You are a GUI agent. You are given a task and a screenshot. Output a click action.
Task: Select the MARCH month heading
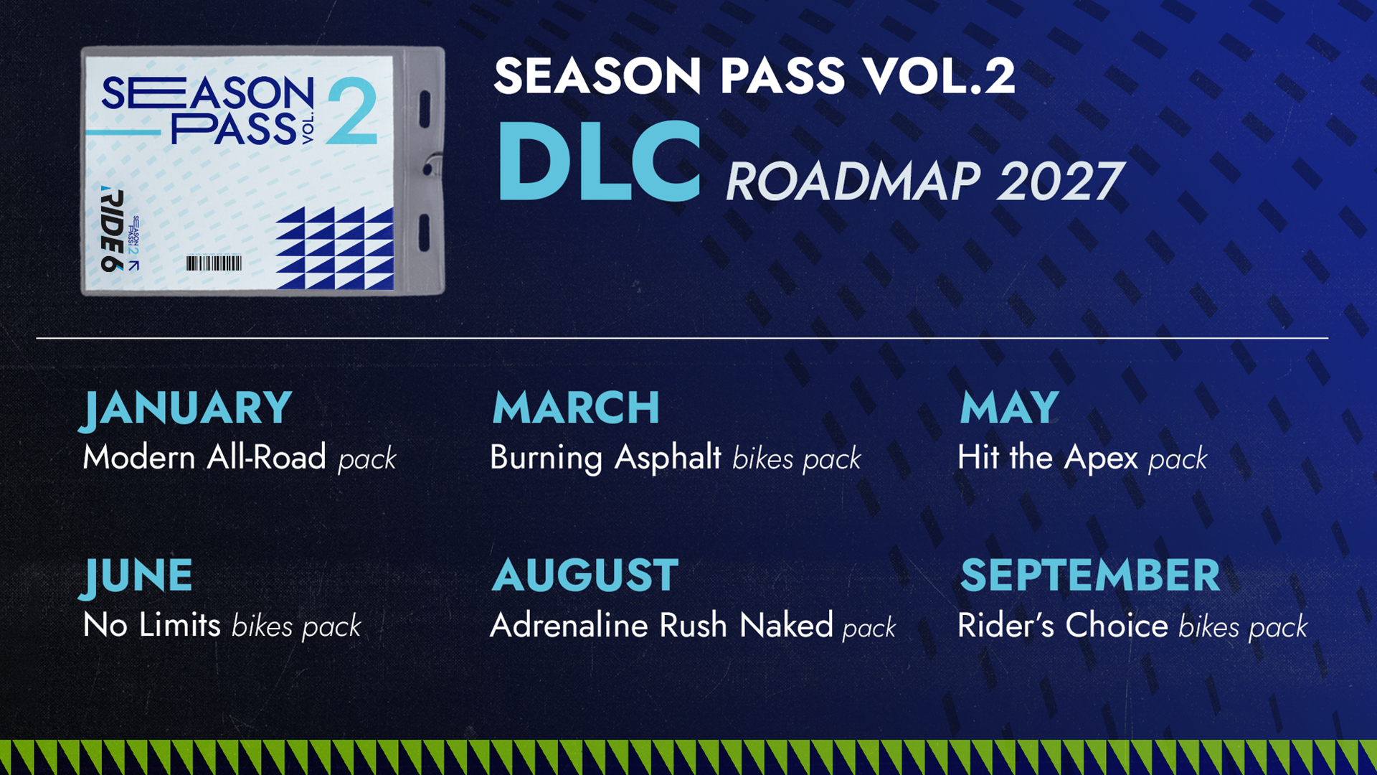(576, 408)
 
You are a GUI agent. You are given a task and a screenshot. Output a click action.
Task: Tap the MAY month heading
(1009, 408)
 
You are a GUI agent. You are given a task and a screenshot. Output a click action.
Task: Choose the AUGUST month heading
(585, 575)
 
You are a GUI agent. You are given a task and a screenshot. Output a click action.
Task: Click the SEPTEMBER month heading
(1090, 575)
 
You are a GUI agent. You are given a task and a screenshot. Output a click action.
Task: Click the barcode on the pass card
(214, 263)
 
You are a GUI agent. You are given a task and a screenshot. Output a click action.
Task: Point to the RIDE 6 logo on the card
(112, 229)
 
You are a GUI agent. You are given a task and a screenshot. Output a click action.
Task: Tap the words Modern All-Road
(204, 457)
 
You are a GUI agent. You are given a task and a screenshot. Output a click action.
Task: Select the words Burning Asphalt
(605, 458)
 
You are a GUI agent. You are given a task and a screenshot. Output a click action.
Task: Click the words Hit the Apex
(1048, 458)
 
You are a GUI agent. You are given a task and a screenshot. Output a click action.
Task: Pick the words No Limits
(152, 625)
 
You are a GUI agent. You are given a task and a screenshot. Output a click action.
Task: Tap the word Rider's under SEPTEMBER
(1006, 625)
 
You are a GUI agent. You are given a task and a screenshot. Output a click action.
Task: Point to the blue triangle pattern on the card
(335, 248)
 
